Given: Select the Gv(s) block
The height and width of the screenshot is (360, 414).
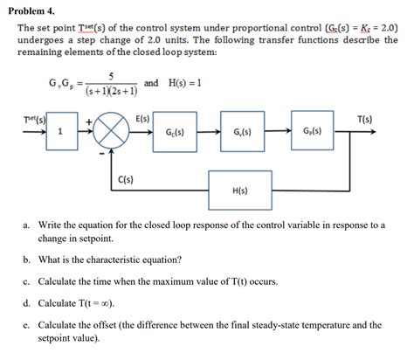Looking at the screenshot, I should pyautogui.click(x=243, y=132).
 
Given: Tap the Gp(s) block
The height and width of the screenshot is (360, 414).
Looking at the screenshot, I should pyautogui.click(x=312, y=132).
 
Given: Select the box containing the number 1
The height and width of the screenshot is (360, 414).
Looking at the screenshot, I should pyautogui.click(x=59, y=132).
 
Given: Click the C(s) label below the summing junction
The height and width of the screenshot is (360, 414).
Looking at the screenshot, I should pyautogui.click(x=126, y=181).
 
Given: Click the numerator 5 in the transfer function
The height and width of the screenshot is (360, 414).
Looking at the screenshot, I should pyautogui.click(x=111, y=76).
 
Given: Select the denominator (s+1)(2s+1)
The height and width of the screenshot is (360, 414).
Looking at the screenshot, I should pyautogui.click(x=111, y=90).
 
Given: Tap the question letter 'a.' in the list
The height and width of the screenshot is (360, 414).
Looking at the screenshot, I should pyautogui.click(x=28, y=225).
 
